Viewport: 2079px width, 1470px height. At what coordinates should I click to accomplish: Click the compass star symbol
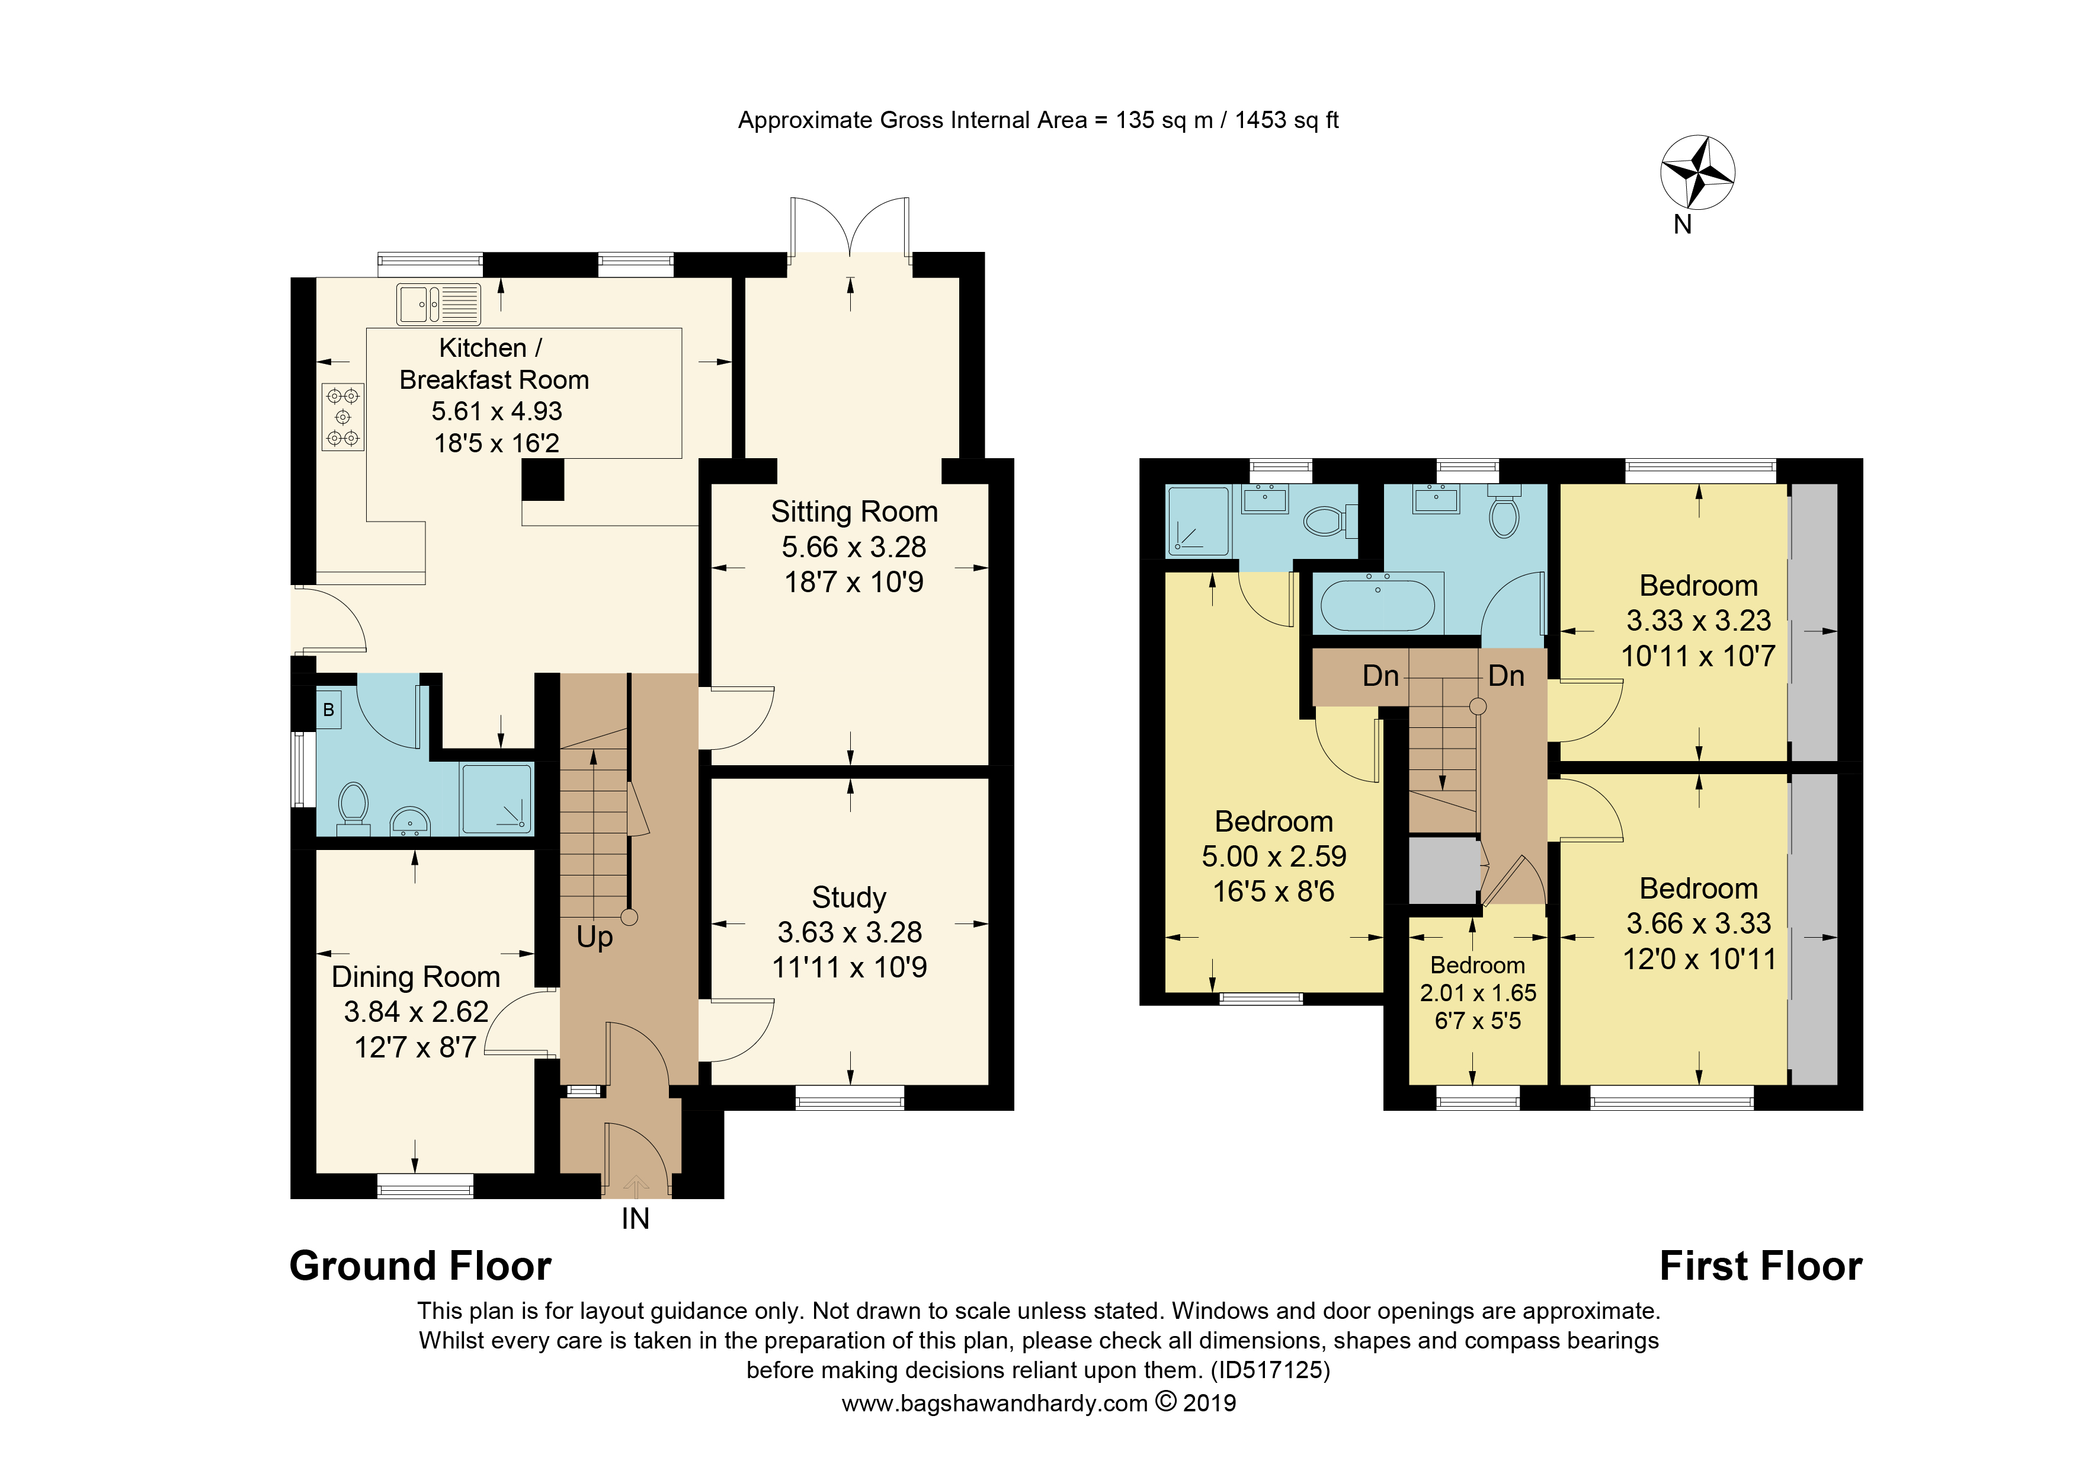1698,172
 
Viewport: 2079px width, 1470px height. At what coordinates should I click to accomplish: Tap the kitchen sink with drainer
439,304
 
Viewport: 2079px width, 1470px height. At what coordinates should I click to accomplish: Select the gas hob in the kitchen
343,417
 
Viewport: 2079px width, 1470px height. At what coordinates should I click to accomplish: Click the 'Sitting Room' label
854,512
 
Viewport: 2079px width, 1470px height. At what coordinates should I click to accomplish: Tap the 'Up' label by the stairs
595,938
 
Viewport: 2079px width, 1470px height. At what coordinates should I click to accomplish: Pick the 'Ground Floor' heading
420,1266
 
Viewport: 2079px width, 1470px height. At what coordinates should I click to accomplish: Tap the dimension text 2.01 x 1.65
1478,993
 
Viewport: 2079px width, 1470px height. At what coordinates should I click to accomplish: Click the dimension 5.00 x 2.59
1274,856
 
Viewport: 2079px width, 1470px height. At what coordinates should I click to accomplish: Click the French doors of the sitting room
850,226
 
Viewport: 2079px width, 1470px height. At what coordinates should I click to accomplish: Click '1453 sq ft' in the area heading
1287,120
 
